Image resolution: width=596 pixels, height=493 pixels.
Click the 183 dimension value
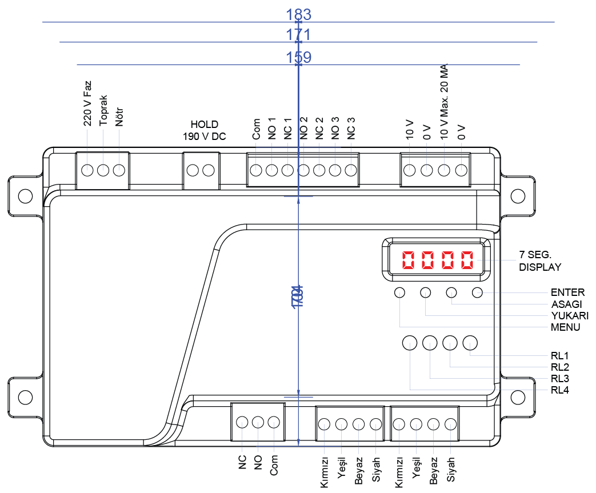click(x=298, y=14)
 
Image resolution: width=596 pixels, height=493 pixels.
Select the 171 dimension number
click(x=298, y=35)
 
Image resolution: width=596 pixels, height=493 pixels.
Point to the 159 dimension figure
click(x=298, y=57)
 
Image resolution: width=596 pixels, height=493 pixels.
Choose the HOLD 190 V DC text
click(x=205, y=131)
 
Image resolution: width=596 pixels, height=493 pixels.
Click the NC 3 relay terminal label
click(x=351, y=129)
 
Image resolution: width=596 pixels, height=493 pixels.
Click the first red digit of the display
click(x=409, y=260)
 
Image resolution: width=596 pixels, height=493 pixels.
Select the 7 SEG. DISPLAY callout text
click(x=539, y=261)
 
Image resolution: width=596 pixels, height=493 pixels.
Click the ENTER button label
click(x=567, y=292)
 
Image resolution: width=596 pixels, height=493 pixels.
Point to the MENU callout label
click(x=565, y=327)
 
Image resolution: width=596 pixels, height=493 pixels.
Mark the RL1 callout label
click(x=560, y=356)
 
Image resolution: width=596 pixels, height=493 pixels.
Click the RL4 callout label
click(x=560, y=390)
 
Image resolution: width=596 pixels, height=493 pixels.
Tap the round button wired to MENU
click(x=399, y=293)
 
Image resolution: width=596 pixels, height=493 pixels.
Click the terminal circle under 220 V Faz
click(x=87, y=170)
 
